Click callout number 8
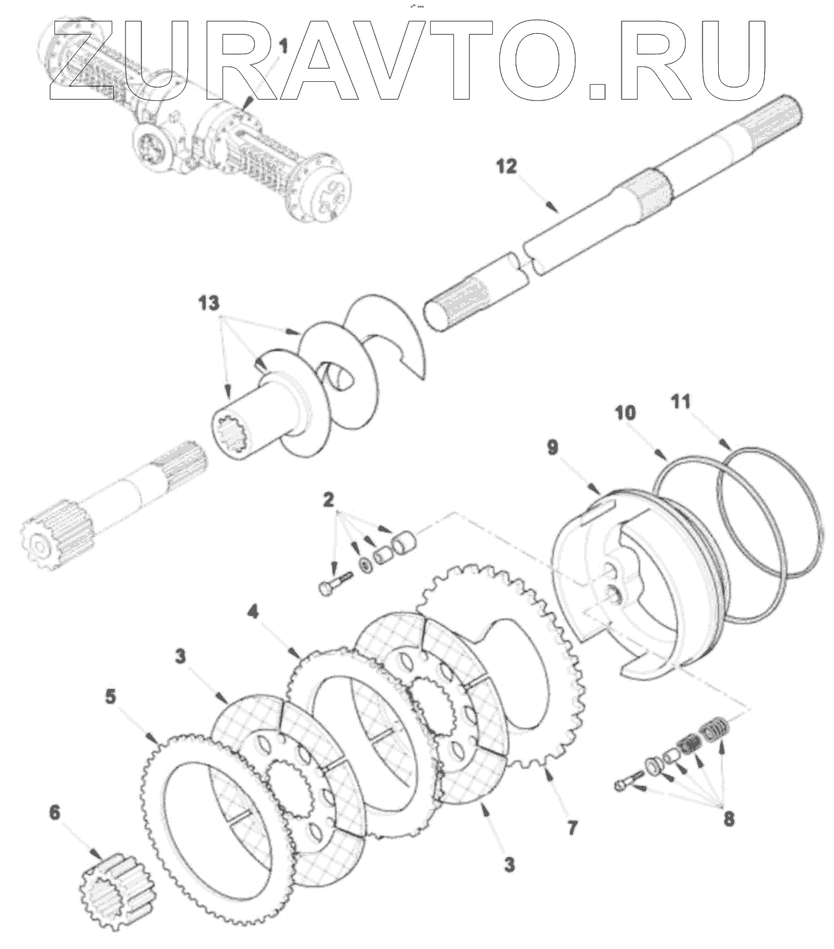point(728,818)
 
